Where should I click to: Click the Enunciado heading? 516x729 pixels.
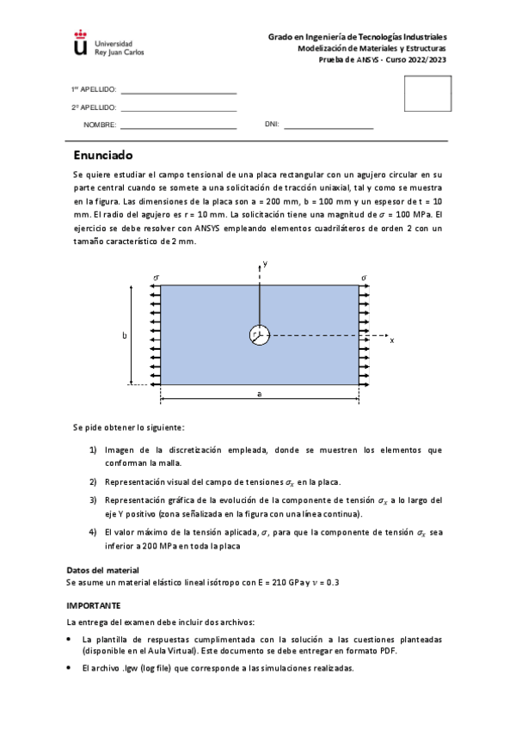tap(102, 156)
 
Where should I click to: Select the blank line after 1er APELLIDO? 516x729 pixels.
tap(179, 92)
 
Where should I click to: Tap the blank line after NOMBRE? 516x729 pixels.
tap(179, 127)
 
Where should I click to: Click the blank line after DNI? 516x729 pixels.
tap(329, 127)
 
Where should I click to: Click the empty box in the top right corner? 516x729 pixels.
tap(433, 93)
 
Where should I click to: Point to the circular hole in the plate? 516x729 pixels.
tap(260, 336)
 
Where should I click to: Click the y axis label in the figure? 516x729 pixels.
tap(266, 264)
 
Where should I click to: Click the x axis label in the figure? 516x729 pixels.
tap(392, 340)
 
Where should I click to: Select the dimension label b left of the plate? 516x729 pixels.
tap(126, 335)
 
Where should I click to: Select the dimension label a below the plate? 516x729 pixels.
tap(259, 393)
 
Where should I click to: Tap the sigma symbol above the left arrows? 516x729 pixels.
tap(156, 278)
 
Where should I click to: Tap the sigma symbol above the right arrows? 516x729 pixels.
tap(365, 278)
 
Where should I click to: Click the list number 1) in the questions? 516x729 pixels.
tap(94, 450)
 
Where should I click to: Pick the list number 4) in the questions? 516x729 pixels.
tap(94, 532)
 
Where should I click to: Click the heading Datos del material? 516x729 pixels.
tap(102, 570)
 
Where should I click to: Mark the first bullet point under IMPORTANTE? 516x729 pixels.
tap(70, 640)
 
